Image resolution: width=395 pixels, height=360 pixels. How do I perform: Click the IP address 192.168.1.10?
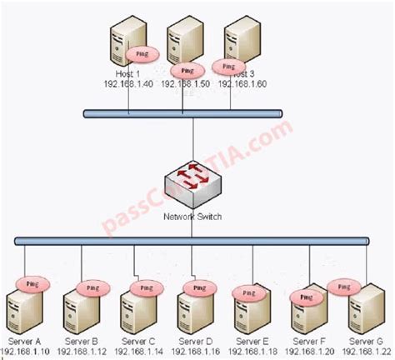pyautogui.click(x=25, y=351)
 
